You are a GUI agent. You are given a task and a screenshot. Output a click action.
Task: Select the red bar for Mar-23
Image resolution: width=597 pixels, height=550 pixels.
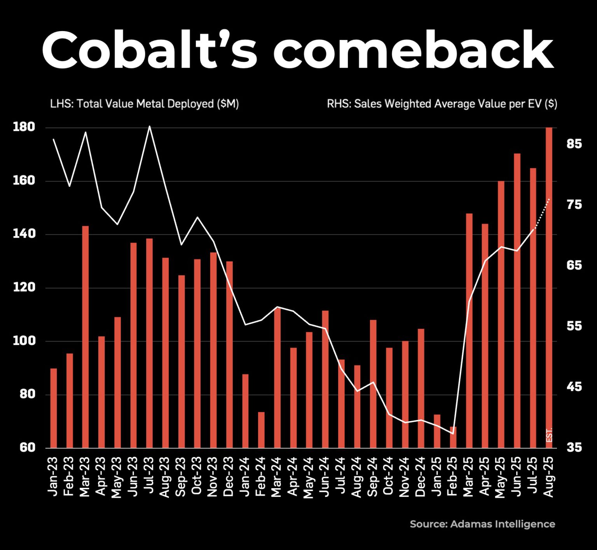[86, 336]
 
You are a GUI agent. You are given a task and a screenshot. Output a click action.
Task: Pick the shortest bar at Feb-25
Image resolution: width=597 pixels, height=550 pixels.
[453, 437]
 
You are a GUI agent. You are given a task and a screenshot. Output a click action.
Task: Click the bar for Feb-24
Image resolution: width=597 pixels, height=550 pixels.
[261, 430]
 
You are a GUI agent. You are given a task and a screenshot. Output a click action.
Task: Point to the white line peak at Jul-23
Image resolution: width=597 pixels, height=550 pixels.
[150, 127]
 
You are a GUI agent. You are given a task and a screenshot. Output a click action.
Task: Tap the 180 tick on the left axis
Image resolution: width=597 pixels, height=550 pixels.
[24, 127]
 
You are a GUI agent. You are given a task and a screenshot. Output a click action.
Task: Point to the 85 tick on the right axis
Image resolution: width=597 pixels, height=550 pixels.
[574, 144]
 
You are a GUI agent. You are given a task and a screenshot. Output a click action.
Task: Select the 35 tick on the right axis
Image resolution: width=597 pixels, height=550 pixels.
[574, 448]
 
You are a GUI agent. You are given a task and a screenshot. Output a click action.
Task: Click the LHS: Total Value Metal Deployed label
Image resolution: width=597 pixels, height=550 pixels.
[144, 104]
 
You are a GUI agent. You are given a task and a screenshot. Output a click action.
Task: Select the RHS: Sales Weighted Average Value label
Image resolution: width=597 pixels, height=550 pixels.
[442, 104]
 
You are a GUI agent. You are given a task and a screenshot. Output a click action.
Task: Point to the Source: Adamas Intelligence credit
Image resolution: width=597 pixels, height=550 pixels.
[482, 524]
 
